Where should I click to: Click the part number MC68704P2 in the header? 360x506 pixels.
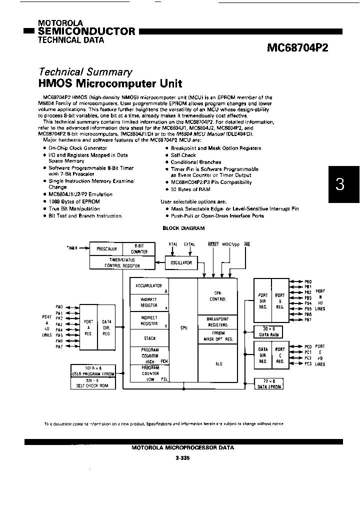point(298,47)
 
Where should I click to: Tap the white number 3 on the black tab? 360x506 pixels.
point(340,184)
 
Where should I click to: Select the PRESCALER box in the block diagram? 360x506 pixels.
point(106,248)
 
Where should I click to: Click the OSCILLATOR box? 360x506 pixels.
point(181,262)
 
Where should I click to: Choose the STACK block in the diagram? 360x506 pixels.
point(149,338)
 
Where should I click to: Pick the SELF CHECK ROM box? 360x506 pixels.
point(93,385)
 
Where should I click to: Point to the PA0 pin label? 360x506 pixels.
point(59,306)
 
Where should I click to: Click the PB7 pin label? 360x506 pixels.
point(308,320)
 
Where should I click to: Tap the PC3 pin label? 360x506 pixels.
point(308,364)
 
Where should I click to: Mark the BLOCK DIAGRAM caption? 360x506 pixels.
point(183,228)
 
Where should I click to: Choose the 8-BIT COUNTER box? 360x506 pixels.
point(138,248)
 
